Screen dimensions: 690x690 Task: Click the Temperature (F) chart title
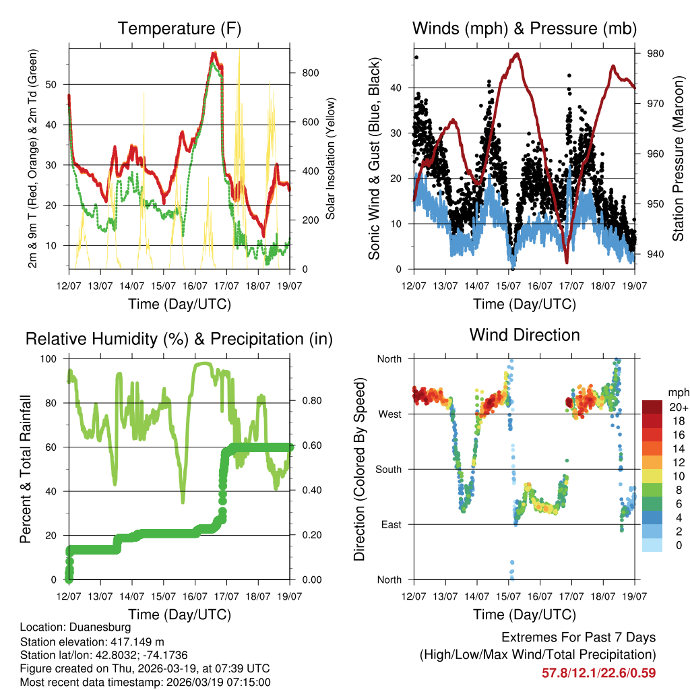tap(179, 29)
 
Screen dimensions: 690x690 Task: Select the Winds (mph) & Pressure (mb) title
tap(524, 29)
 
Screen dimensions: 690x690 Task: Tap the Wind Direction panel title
tap(524, 335)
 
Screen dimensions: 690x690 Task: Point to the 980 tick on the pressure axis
tap(654, 54)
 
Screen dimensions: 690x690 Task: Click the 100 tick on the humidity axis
tap(49, 358)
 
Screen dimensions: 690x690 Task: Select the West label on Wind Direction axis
tap(389, 414)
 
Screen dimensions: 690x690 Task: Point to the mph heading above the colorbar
tap(677, 392)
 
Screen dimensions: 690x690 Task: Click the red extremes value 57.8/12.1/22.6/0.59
tap(598, 672)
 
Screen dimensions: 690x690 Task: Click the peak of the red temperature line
tap(213, 53)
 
